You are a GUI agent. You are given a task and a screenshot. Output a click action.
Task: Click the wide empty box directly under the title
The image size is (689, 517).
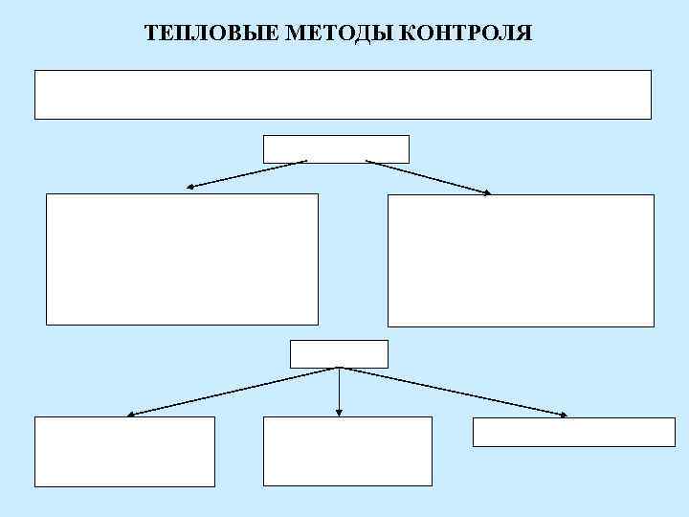[343, 94]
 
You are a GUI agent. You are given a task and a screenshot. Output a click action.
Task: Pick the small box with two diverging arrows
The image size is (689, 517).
[336, 148]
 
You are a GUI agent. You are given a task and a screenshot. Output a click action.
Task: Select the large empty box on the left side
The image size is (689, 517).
[182, 258]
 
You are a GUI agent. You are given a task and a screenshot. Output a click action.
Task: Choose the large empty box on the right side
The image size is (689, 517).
[521, 260]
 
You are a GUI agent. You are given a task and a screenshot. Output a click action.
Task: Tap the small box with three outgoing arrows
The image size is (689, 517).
[339, 353]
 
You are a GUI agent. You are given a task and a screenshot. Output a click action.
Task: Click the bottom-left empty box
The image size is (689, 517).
[124, 451]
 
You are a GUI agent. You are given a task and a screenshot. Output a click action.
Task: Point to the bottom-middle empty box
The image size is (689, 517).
[347, 451]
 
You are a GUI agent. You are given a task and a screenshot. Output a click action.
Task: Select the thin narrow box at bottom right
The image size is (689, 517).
[573, 432]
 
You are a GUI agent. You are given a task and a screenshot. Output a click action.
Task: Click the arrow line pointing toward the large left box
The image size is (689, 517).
[247, 173]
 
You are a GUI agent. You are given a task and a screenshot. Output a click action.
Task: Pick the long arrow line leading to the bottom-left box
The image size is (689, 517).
[234, 391]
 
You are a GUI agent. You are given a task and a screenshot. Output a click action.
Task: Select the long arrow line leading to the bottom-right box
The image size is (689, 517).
[453, 391]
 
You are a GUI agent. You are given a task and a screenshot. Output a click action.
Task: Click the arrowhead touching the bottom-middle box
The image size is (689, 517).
[339, 413]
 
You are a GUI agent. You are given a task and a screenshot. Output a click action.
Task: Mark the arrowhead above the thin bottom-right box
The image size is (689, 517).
[563, 415]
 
